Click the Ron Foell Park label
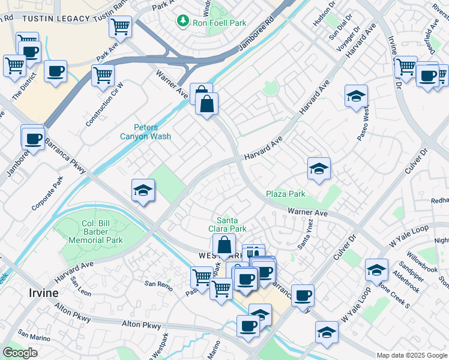point(219,23)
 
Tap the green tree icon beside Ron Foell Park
point(182,22)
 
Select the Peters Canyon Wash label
point(152,131)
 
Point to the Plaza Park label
point(286,194)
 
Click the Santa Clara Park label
point(231,224)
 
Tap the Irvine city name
point(44,293)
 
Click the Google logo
point(20,353)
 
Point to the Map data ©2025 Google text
point(412,355)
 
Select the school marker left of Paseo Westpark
point(356,95)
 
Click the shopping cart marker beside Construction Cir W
point(103,76)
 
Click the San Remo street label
point(158,284)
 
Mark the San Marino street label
point(32,332)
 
